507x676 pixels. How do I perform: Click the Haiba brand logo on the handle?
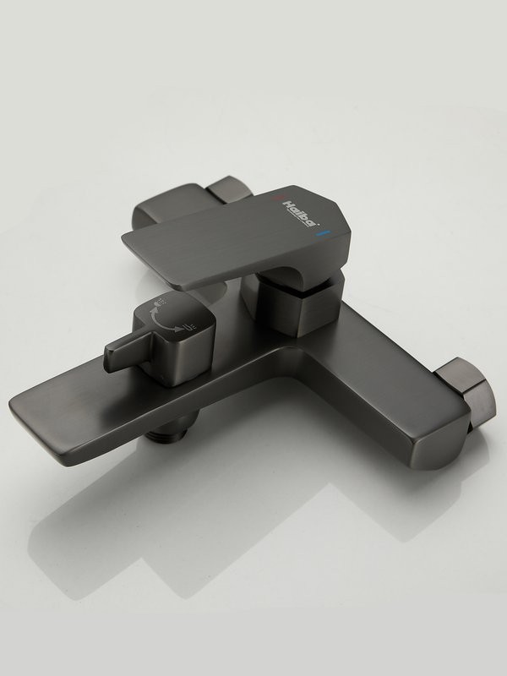tap(301, 213)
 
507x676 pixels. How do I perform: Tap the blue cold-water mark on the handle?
tap(323, 233)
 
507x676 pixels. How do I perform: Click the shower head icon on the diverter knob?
tap(158, 305)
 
